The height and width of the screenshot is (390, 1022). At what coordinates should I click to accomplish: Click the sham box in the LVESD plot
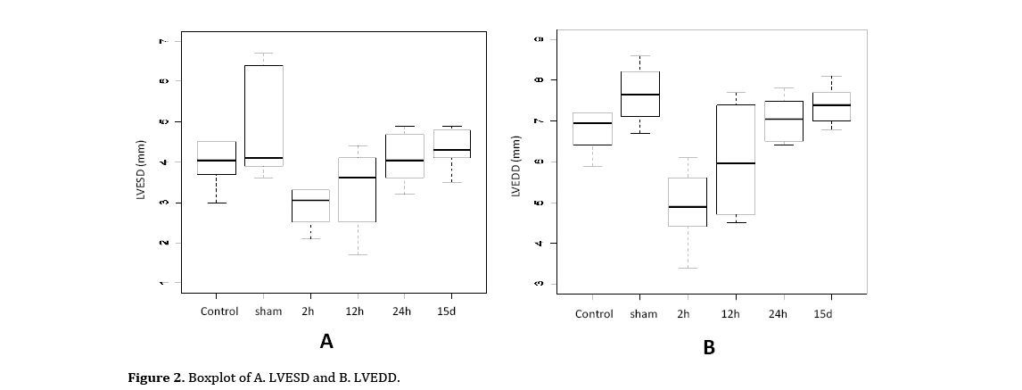[264, 116]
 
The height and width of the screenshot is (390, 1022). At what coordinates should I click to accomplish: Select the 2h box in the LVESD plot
[310, 205]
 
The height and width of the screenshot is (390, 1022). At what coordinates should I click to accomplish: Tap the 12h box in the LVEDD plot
[736, 160]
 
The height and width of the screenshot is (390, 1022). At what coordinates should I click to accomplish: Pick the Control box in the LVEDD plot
[593, 129]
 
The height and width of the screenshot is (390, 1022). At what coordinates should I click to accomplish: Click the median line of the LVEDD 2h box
[688, 206]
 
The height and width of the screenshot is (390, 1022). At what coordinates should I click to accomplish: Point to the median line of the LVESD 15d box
[452, 150]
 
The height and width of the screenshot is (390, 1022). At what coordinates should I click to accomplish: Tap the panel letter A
[326, 341]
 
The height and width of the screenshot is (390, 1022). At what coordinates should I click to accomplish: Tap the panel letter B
[709, 348]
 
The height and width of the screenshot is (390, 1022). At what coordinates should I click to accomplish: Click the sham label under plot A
[268, 311]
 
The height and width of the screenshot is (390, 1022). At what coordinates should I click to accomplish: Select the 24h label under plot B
[778, 314]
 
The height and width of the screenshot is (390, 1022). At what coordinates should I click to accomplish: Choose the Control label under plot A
[219, 311]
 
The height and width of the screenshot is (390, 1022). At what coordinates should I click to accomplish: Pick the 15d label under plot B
[822, 314]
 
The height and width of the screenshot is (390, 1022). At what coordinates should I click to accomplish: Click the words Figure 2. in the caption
[156, 378]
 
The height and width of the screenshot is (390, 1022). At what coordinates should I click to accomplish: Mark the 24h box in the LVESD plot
[405, 156]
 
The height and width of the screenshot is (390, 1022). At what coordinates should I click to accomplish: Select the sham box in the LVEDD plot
[640, 94]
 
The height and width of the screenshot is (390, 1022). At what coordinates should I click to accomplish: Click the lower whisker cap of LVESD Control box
[217, 203]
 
